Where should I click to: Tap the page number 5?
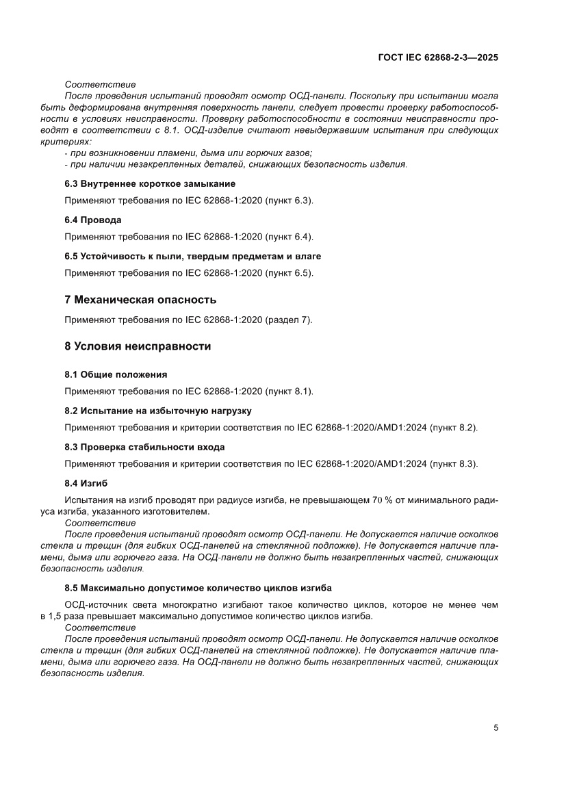496,727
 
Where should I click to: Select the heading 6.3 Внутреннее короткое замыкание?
149,184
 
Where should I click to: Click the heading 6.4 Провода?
93,220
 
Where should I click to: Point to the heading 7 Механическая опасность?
140,300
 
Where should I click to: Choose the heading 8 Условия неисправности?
137,346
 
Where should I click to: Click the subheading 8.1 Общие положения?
116,374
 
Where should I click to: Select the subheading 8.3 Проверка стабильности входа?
144,447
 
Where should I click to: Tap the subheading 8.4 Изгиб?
86,482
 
